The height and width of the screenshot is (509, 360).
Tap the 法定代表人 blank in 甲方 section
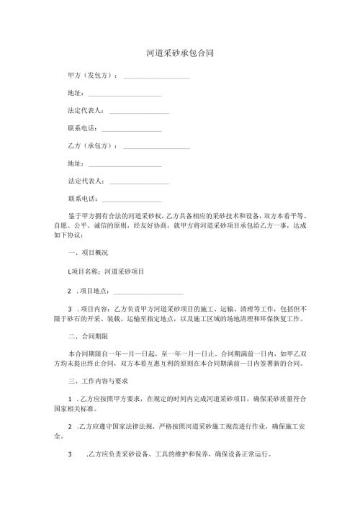coord(139,112)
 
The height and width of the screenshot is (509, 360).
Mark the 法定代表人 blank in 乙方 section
coord(139,182)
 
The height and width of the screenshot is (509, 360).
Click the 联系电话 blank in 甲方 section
coord(132,130)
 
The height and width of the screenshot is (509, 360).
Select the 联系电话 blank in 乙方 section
coord(132,199)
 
